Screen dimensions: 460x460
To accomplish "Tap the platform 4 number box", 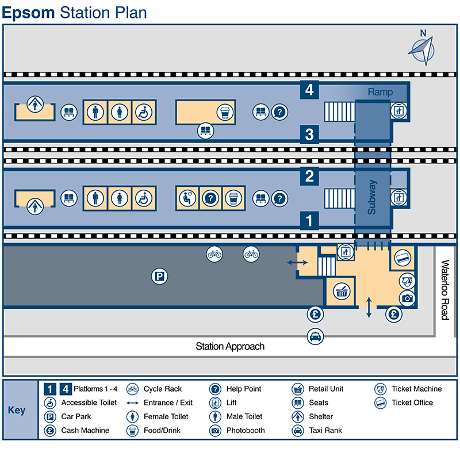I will (309, 90).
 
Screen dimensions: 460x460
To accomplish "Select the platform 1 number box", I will (309, 220).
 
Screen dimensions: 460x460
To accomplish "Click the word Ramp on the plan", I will (380, 92).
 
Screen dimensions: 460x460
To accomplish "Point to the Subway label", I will (372, 197).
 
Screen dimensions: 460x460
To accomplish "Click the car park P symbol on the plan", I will (159, 277).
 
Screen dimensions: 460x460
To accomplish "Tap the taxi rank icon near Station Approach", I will (316, 336).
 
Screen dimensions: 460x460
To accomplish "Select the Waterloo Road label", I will (444, 290).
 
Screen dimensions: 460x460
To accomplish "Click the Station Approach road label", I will (230, 346).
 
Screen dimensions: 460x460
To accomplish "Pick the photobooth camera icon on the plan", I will (407, 298).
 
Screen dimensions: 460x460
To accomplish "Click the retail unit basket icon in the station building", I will (342, 292).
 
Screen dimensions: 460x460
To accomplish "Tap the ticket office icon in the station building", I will (403, 259).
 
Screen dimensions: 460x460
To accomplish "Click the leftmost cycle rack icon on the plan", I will (214, 253).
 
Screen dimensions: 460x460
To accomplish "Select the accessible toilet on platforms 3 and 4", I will (143, 112).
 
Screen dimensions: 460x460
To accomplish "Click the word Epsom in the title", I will (29, 12).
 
